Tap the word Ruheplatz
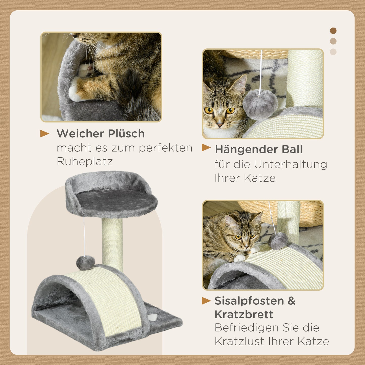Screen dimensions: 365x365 tap(85, 161)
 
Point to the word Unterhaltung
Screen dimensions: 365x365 tap(290, 164)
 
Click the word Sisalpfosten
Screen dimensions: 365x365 tap(249, 301)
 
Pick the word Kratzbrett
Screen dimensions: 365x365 tap(244, 314)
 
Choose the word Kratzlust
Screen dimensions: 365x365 tap(240, 341)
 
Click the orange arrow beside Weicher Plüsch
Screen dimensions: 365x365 tap(44, 134)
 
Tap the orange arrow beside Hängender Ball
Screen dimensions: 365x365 tap(206, 148)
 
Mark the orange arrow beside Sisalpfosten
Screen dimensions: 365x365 tap(206, 301)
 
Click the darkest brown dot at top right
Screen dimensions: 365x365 tap(333, 31)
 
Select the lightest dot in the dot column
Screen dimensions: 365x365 tap(333, 52)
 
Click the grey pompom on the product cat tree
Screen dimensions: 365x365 tap(85, 263)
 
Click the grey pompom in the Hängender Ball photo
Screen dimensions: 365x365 tap(260, 104)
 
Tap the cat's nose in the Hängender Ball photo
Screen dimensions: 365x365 tap(219, 125)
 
